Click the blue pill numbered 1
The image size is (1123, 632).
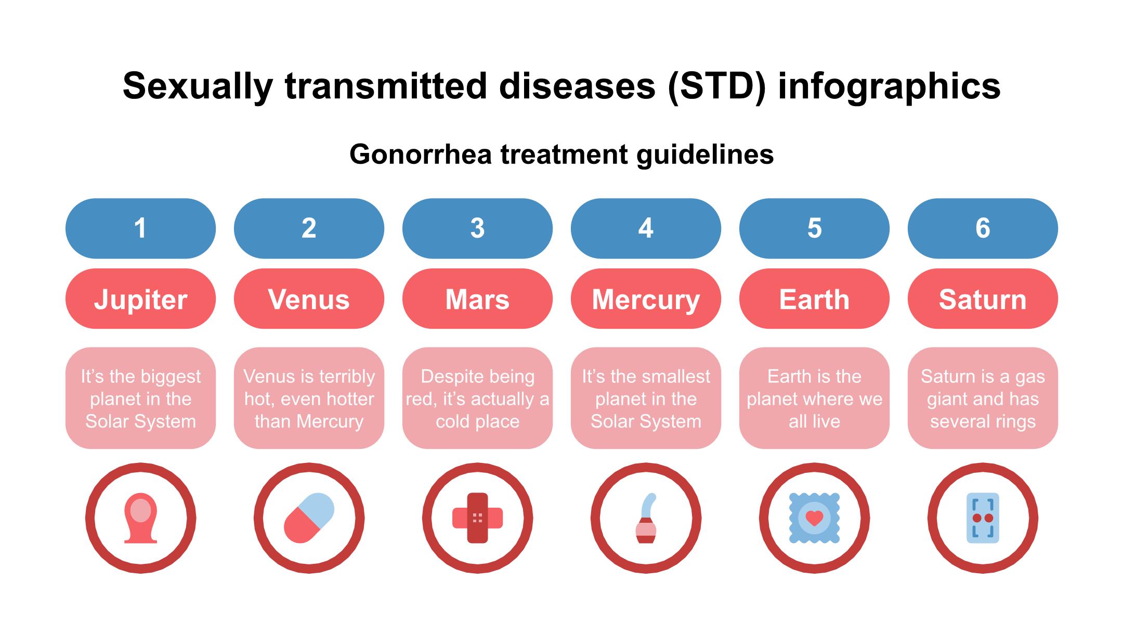[x=140, y=228]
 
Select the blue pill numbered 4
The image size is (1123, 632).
[x=646, y=228]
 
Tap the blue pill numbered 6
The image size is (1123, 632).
[x=983, y=228]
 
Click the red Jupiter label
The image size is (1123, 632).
[x=140, y=299]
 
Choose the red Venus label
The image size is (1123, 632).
[x=309, y=299]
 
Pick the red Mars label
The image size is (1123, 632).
[x=477, y=299]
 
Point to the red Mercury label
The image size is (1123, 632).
[x=646, y=299]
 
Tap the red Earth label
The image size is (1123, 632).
[x=814, y=299]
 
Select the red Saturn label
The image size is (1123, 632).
[x=983, y=299]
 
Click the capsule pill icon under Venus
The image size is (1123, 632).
[x=309, y=518]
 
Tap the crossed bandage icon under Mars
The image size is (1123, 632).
[x=477, y=518]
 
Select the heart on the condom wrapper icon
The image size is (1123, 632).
[x=814, y=518]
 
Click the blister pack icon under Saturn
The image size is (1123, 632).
[x=983, y=518]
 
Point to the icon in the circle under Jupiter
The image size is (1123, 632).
[x=140, y=518]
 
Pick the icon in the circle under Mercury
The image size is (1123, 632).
[x=646, y=518]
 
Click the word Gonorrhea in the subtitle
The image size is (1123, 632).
[x=421, y=154]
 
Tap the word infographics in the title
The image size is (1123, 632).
[x=889, y=86]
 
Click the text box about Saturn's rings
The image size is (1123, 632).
[x=983, y=398]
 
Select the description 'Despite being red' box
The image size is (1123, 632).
[x=477, y=398]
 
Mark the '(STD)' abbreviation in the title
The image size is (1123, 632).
[x=717, y=86]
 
